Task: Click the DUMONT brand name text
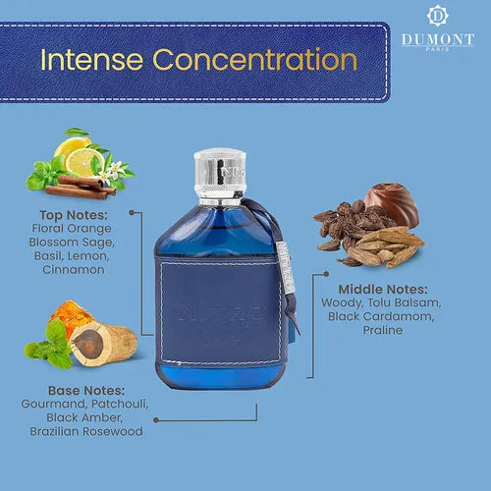point(437,38)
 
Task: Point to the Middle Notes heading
point(383,290)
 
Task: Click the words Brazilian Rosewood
point(86,431)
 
